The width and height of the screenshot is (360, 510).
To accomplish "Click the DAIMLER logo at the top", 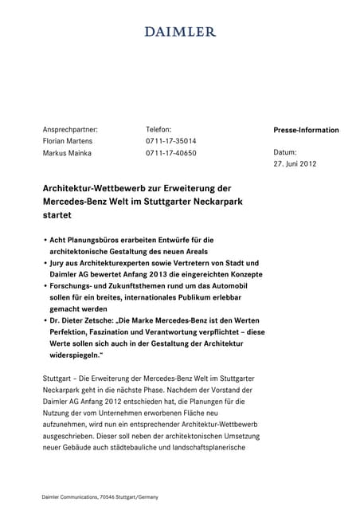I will tap(180, 32).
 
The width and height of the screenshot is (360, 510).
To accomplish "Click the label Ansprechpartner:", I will tap(70, 129).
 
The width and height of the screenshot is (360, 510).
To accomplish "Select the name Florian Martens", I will tap(68, 141).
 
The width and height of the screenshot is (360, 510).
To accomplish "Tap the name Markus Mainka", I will tap(67, 153).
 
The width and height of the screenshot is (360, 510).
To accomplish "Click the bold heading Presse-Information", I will tap(306, 130).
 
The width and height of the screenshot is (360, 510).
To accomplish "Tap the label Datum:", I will tap(284, 152).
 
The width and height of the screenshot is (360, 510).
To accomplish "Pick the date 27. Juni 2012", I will tap(295, 164).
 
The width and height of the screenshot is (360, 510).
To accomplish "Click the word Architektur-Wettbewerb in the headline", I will tap(89, 188).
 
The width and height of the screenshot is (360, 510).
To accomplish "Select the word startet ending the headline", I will tap(57, 215).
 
